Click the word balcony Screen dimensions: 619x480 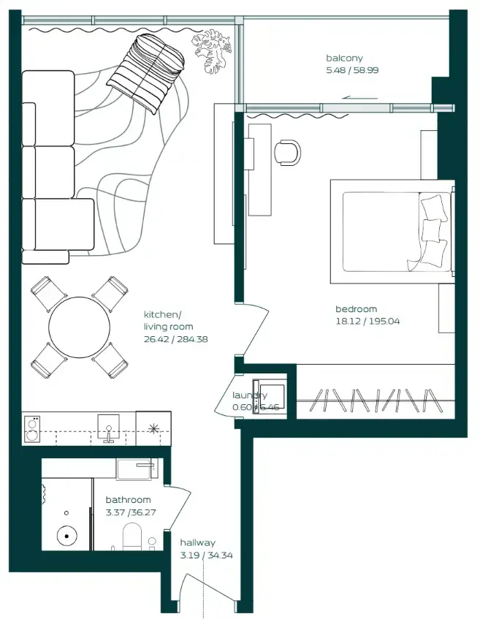coord(344,58)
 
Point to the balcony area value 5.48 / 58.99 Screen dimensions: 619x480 coord(352,71)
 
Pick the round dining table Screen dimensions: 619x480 coord(80,327)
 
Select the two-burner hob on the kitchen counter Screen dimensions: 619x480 coord(33,429)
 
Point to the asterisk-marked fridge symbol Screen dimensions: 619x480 coord(153,428)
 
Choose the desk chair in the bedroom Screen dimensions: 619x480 coord(287,151)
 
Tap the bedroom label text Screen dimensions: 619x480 coord(356,309)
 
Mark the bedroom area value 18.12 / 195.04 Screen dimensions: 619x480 coord(367,321)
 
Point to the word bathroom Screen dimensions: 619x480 coord(128,500)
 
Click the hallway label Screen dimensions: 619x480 coord(197,543)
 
